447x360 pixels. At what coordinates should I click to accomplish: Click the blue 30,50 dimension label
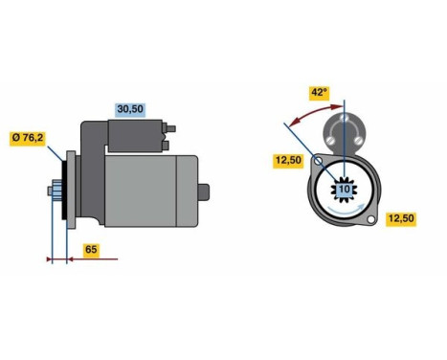129,109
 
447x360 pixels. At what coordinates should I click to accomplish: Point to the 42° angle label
318,93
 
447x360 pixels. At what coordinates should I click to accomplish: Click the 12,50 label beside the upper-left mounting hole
289,160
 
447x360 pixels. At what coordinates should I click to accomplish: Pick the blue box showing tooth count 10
344,190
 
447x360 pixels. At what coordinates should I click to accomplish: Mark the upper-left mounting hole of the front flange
318,163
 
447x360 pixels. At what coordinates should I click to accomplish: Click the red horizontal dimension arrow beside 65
86,259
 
